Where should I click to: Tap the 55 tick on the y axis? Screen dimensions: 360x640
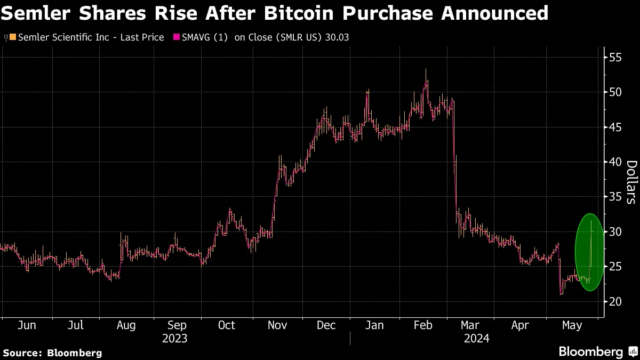615,57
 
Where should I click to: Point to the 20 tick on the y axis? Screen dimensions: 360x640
615,301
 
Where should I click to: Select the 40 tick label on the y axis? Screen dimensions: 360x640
615,162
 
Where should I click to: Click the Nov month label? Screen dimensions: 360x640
277,325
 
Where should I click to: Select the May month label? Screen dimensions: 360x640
571,325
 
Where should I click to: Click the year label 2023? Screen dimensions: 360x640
174,338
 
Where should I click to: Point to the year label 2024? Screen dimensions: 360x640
476,338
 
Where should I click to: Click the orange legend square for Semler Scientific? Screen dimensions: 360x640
13,37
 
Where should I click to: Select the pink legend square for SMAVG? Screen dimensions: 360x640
175,37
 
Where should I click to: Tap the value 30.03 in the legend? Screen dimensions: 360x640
337,37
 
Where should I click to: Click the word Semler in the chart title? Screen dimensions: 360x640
38,13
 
